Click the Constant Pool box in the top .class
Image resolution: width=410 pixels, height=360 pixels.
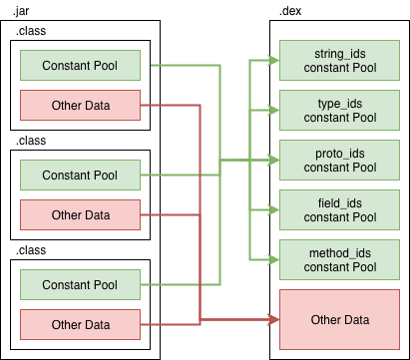click(x=80, y=67)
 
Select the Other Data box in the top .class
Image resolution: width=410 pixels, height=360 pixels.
click(x=80, y=106)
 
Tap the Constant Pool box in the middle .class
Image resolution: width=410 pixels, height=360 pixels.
click(x=80, y=176)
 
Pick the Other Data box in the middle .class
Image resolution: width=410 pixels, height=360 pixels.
click(x=80, y=214)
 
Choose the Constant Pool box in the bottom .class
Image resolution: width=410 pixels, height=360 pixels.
click(x=80, y=285)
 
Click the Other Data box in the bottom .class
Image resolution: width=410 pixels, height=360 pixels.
click(x=80, y=324)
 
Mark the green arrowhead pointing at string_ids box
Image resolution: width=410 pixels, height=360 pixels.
click(x=274, y=60)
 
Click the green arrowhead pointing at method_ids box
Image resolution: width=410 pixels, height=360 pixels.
click(x=274, y=259)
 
